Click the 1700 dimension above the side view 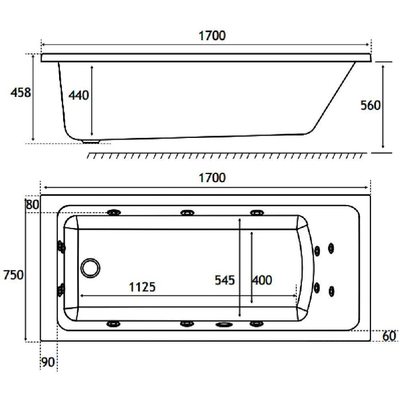212,36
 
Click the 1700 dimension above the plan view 212,177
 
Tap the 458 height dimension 21,92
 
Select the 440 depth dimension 79,95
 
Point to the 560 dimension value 370,105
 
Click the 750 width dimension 13,275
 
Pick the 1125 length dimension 142,287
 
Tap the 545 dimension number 225,280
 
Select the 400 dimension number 262,280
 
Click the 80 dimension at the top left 33,204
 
